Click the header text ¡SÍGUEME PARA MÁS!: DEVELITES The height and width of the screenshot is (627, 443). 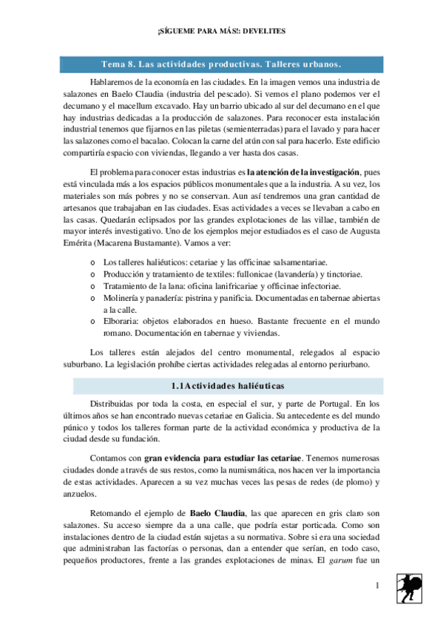point(221,32)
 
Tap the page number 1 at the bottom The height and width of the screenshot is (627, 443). point(377,586)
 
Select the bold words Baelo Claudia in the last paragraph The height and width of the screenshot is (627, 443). point(214,512)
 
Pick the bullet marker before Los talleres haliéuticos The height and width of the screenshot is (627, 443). point(91,262)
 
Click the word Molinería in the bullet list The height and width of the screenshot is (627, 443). point(124,298)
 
